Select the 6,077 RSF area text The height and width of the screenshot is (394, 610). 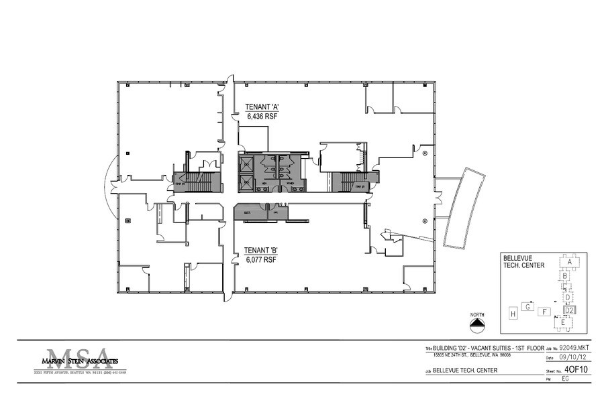pos(262,259)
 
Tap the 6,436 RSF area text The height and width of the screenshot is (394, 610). pos(262,116)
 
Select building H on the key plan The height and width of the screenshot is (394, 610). pos(513,313)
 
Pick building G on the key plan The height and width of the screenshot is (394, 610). pos(529,307)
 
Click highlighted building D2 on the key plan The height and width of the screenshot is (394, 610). pos(568,310)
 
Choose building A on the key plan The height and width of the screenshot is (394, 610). pos(569,262)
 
